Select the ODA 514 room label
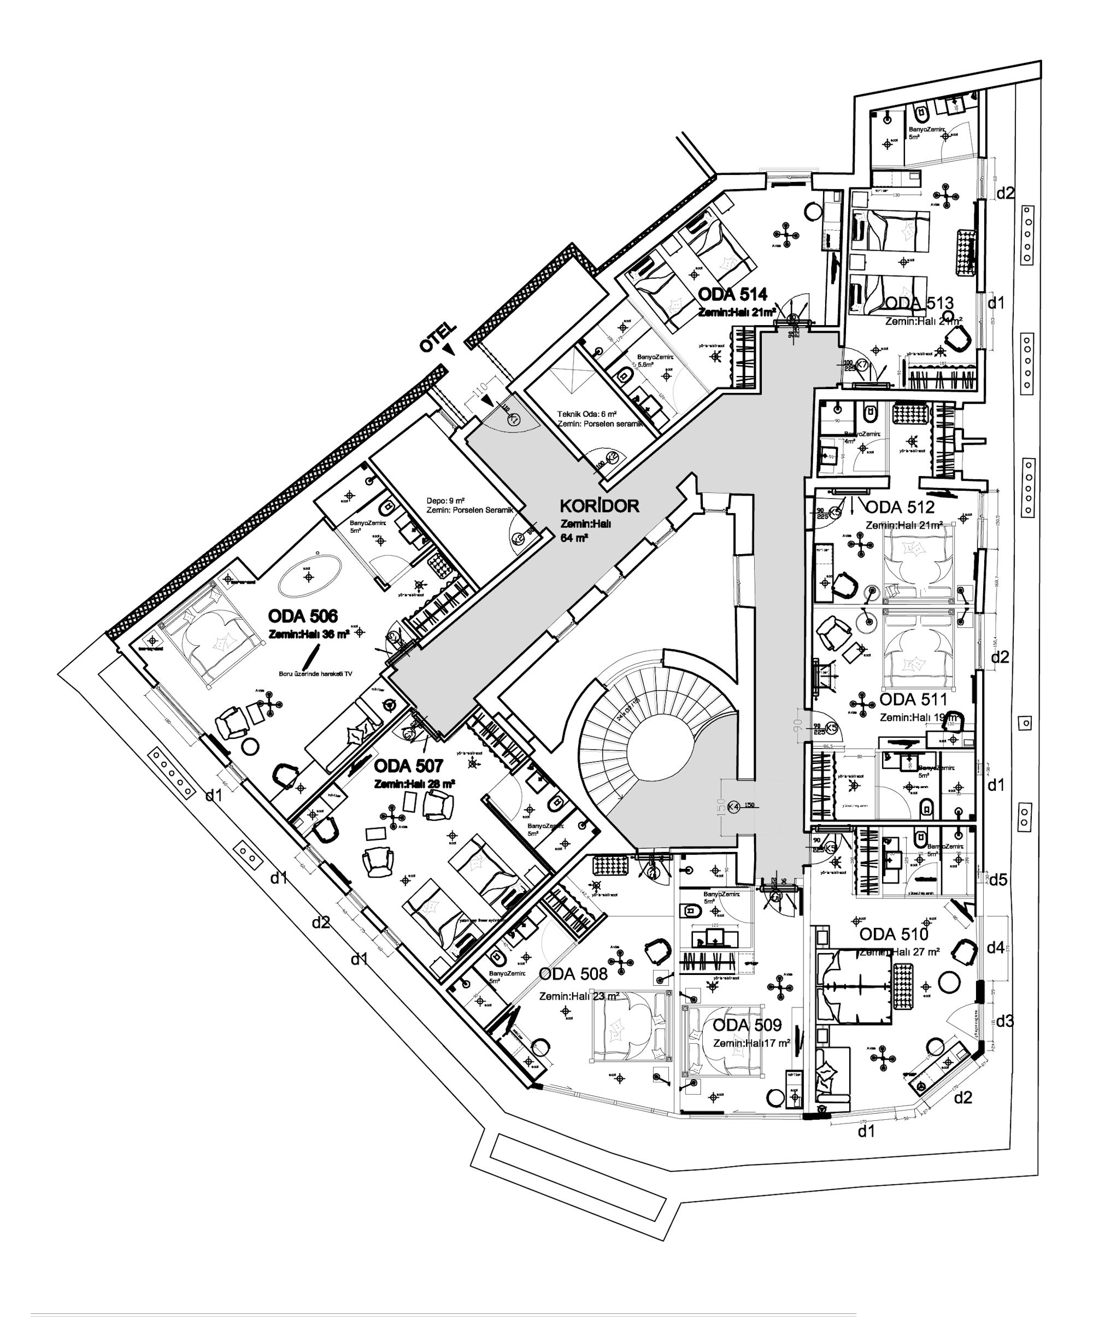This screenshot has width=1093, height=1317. click(732, 295)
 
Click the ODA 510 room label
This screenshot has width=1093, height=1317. click(893, 934)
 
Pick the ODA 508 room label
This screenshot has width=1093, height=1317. click(573, 974)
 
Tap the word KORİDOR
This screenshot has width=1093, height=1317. click(599, 506)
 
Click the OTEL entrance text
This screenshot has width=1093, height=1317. click(438, 339)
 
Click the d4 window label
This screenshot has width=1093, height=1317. click(995, 948)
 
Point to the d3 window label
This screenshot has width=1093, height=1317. click(1004, 1021)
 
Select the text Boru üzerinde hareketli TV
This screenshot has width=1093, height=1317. click(315, 674)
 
